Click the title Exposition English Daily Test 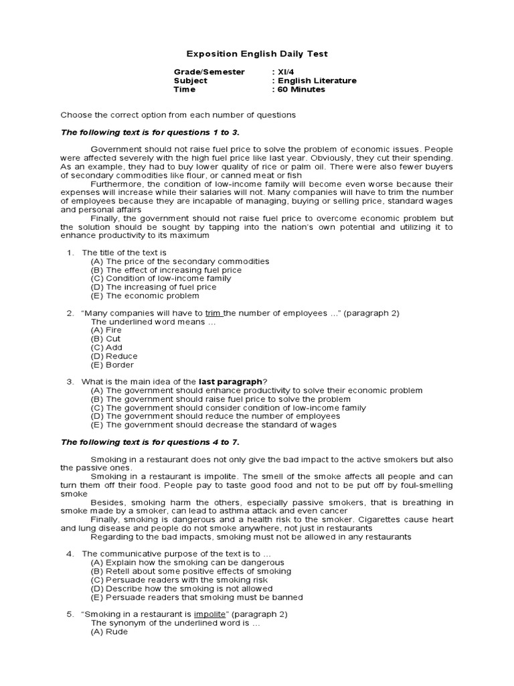[x=256, y=54]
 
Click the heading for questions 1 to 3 [x=150, y=132]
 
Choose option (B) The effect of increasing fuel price [x=166, y=270]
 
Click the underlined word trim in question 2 [x=213, y=313]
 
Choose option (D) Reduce [x=114, y=356]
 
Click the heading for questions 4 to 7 [x=150, y=441]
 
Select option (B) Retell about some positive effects [x=191, y=571]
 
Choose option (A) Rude [x=108, y=631]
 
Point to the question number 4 [x=70, y=554]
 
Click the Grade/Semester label [x=209, y=72]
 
